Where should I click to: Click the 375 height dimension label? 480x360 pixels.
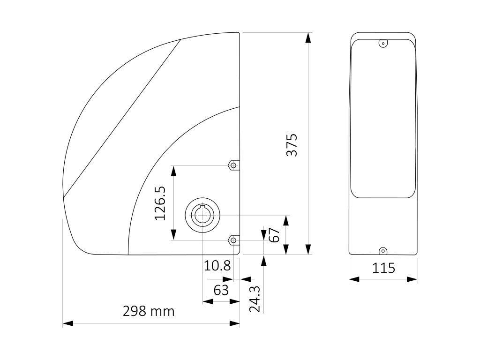point(292,145)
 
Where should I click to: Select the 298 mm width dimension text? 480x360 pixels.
point(149,311)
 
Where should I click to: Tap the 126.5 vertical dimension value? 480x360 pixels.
point(160,203)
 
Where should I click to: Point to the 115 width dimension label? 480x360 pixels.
point(383,268)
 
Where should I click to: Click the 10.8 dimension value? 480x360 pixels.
point(217,266)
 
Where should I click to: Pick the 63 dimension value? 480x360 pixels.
point(221,290)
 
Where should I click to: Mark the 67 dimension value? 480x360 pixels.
point(275,234)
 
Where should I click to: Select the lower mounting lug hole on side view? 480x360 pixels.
point(232,240)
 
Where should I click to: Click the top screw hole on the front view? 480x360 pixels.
point(383,44)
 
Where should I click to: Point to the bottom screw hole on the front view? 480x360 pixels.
point(383,251)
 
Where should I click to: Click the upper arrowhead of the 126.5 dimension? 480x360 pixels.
point(174,171)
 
